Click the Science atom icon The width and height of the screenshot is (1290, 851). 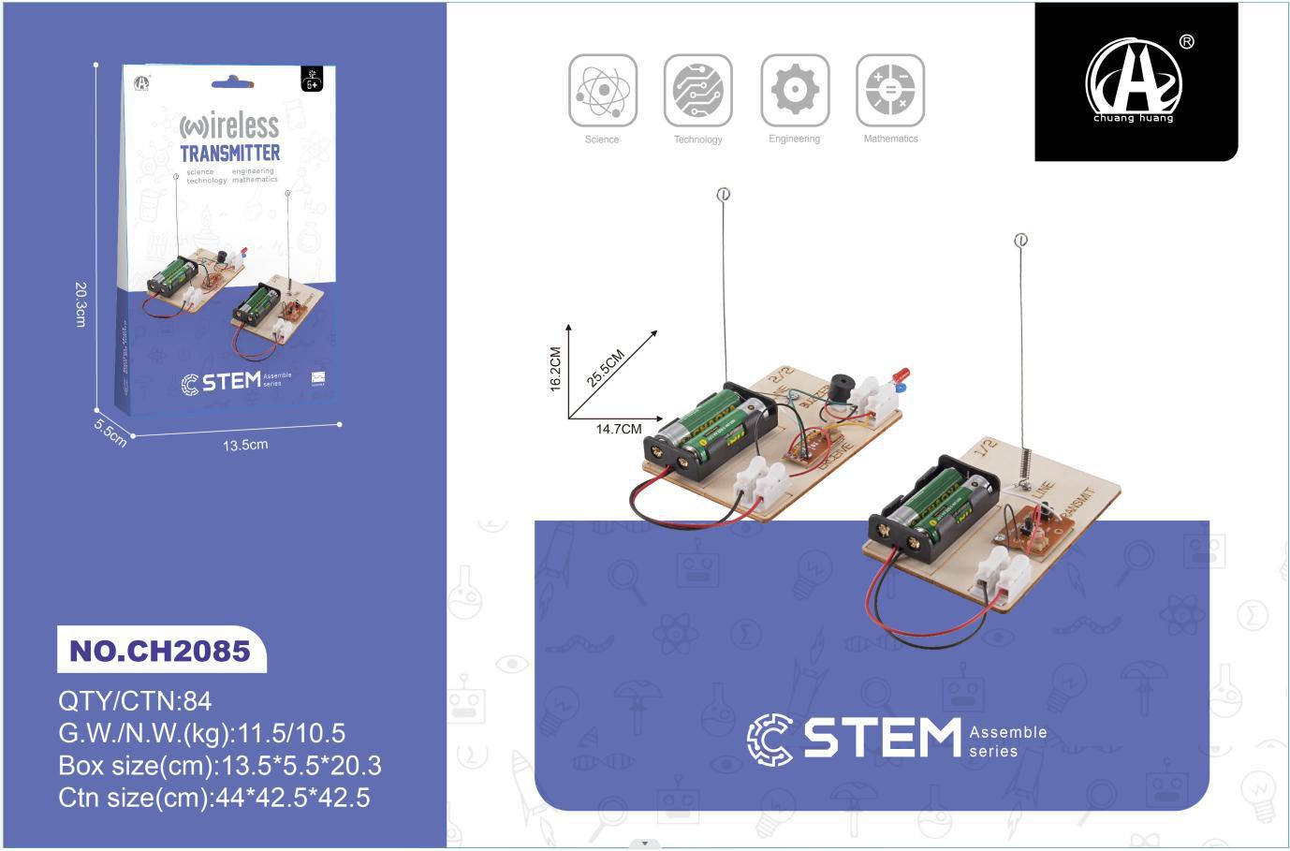tap(603, 90)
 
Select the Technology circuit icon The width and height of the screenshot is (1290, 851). tap(698, 90)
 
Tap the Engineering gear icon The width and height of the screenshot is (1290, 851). tap(795, 90)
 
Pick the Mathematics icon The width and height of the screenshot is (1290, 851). tap(890, 90)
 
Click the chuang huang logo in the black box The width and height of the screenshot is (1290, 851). tap(1135, 81)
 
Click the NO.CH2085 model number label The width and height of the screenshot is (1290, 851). tap(160, 651)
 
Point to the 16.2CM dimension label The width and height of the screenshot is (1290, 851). tap(555, 369)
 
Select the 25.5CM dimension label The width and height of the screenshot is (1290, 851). tap(606, 368)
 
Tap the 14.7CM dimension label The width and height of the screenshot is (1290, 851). tap(619, 430)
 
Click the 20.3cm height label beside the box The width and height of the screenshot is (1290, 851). tap(81, 303)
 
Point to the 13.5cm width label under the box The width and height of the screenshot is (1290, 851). tap(245, 445)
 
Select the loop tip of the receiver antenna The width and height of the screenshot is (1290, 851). tap(723, 195)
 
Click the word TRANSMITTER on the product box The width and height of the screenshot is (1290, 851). tap(229, 153)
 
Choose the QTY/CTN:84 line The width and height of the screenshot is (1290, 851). tap(136, 701)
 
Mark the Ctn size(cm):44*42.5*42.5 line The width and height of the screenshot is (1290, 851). tap(214, 798)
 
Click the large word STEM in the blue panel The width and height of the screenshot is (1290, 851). tap(882, 738)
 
